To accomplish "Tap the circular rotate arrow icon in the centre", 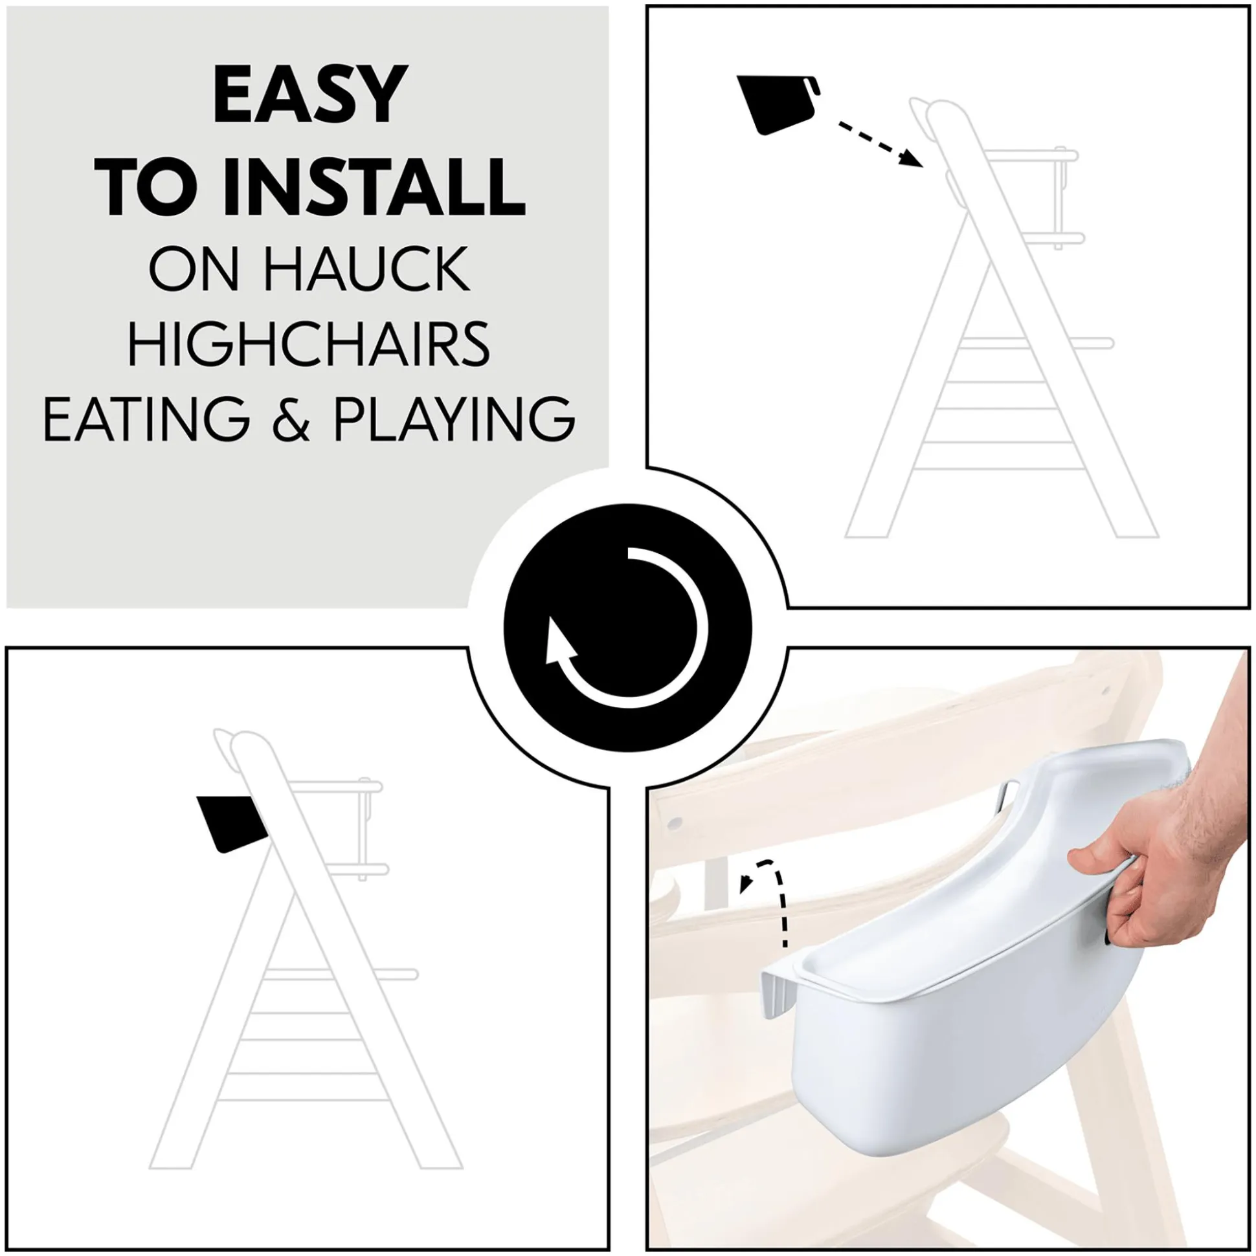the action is (x=627, y=628).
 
